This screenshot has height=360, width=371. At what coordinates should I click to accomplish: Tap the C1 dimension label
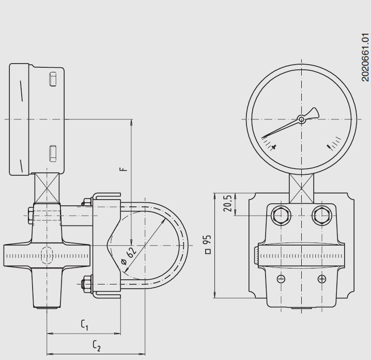(x=85, y=325)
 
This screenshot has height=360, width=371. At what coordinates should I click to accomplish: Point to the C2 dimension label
(x=97, y=345)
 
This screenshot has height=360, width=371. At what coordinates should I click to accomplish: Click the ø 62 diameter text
(x=129, y=256)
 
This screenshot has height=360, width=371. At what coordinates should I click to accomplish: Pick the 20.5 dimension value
(x=226, y=204)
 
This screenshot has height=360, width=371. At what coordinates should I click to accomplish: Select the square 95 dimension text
(x=208, y=244)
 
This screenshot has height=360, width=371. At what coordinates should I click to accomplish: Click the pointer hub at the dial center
(x=301, y=119)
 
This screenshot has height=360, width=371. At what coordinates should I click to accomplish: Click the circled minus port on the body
(x=281, y=279)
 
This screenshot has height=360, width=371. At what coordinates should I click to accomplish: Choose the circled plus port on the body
(x=322, y=279)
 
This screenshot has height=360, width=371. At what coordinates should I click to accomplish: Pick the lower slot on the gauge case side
(x=52, y=153)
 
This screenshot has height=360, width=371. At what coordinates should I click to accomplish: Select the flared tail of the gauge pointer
(x=312, y=113)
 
